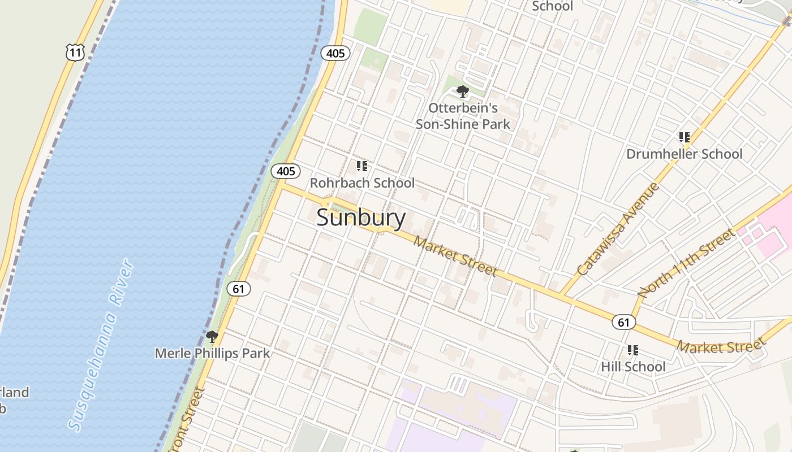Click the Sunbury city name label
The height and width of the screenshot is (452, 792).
pyautogui.click(x=361, y=218)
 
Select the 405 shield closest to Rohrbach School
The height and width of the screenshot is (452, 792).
pyautogui.click(x=286, y=171)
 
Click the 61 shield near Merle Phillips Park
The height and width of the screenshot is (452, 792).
pyautogui.click(x=239, y=289)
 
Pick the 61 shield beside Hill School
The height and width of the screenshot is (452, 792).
pyautogui.click(x=623, y=323)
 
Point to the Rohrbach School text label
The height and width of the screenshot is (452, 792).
pyautogui.click(x=362, y=183)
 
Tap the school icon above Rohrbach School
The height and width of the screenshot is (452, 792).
pyautogui.click(x=362, y=166)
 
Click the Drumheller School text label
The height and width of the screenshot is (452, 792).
pyautogui.click(x=684, y=154)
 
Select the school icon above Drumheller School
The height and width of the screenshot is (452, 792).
pyautogui.click(x=685, y=137)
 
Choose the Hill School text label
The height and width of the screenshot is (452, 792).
pyautogui.click(x=633, y=367)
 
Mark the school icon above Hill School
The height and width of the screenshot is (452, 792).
pyautogui.click(x=633, y=350)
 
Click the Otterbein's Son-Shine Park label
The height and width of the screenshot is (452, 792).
pyautogui.click(x=463, y=116)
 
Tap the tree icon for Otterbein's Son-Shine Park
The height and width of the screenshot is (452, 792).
pyautogui.click(x=463, y=91)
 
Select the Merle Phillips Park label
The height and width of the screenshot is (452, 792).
pyautogui.click(x=212, y=354)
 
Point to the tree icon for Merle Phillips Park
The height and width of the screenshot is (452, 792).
pyautogui.click(x=212, y=337)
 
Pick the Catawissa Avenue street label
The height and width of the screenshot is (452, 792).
pyautogui.click(x=619, y=228)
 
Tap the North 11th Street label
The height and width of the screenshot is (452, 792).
pyautogui.click(x=686, y=263)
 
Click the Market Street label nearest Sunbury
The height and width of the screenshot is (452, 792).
pyautogui.click(x=455, y=257)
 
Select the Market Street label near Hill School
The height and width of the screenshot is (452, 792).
pyautogui.click(x=721, y=345)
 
